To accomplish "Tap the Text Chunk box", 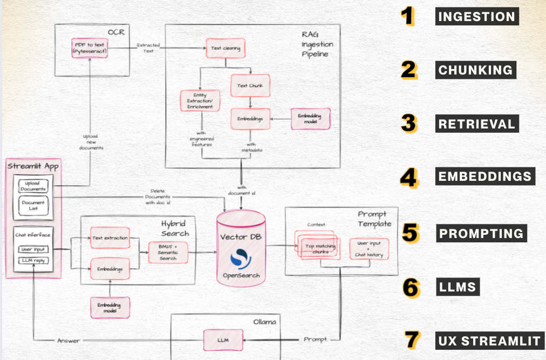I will [249, 85].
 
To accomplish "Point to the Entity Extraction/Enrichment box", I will [200, 101].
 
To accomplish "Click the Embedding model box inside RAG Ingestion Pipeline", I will [310, 119].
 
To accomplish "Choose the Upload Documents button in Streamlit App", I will [33, 187].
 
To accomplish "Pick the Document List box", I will [33, 206].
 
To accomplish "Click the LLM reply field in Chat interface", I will [33, 261].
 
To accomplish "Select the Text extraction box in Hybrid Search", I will [110, 238].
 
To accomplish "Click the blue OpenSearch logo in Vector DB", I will [241, 259].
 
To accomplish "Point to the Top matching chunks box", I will [317, 248].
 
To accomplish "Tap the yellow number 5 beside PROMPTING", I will [411, 233].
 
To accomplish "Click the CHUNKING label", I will [475, 70].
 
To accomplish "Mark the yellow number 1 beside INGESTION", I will [408, 17].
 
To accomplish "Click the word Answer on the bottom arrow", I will [69, 340].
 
